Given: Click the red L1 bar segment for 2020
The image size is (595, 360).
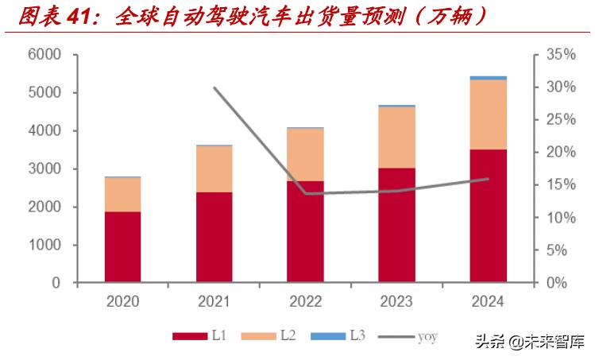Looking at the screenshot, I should click(122, 247).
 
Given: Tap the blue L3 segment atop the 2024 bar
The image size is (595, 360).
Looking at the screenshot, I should click(488, 78).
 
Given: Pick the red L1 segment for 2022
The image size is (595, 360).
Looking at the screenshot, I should click(305, 231).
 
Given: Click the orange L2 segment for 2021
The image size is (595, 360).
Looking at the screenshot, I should click(214, 169).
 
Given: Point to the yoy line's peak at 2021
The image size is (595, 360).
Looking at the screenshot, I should click(214, 87).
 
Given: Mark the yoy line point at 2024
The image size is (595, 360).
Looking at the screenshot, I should click(488, 179).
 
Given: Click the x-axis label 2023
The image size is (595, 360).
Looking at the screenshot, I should click(396, 301).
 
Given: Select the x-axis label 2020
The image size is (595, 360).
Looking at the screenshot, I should click(122, 301).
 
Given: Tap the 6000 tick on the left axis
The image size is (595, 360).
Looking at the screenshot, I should click(44, 55).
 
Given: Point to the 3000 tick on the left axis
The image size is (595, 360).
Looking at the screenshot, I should click(44, 169).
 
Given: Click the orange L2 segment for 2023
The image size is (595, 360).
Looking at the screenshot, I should click(396, 137).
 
